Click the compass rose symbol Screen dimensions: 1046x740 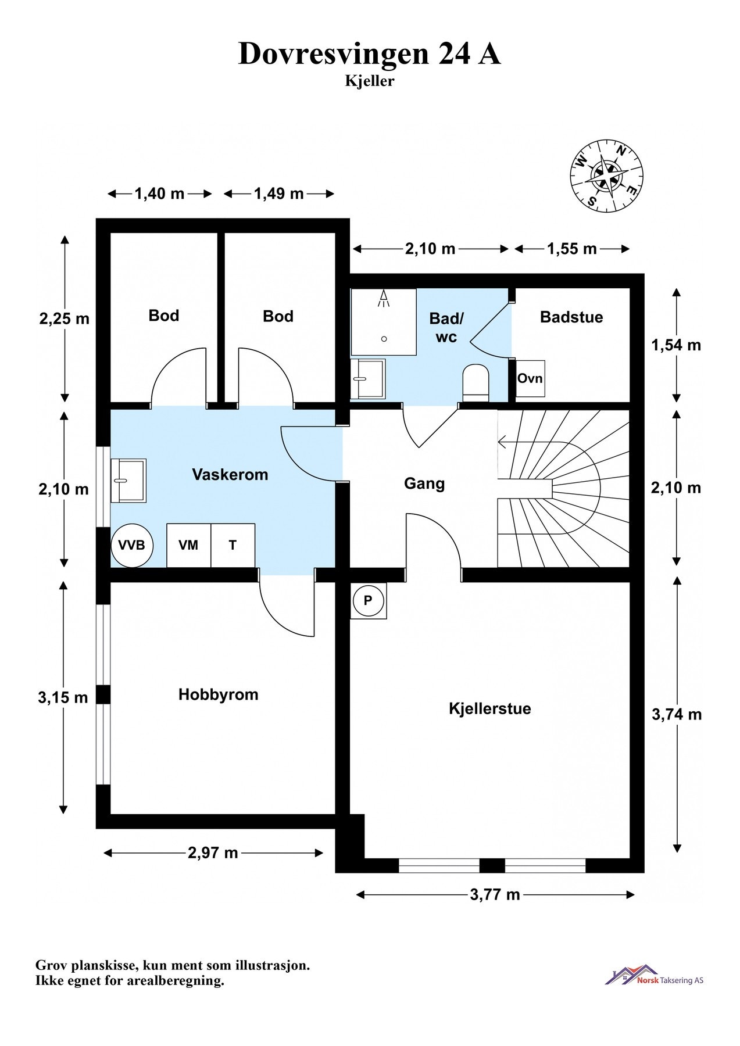(x=606, y=174)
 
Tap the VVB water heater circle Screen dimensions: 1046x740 (x=132, y=545)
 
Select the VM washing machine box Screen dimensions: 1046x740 (x=188, y=545)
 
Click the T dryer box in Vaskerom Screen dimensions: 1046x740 (x=233, y=545)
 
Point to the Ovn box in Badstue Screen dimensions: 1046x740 (x=530, y=378)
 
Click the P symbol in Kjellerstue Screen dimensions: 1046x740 (x=368, y=600)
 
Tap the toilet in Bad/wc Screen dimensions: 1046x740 (x=476, y=382)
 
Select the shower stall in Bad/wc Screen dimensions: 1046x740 (x=384, y=322)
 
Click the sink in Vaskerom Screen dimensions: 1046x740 (x=128, y=480)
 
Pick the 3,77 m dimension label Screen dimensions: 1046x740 (x=495, y=894)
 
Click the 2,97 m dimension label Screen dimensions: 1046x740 (x=213, y=852)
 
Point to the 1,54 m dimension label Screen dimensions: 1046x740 (x=675, y=345)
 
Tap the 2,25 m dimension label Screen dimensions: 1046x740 (x=64, y=318)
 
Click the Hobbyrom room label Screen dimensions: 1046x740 (x=218, y=694)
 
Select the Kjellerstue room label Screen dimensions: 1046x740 (x=489, y=708)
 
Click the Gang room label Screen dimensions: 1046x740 (x=424, y=483)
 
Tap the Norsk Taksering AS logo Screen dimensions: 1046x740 (x=654, y=976)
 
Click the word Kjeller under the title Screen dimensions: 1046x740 (x=369, y=81)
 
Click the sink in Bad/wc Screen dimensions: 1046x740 (x=368, y=378)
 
